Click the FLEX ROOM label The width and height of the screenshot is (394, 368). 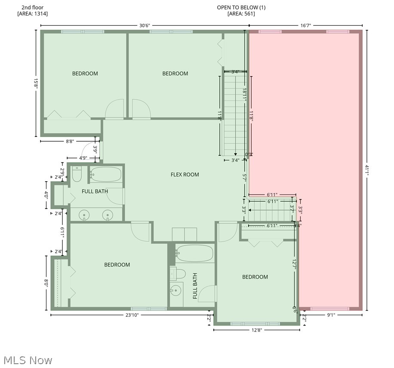click(185, 174)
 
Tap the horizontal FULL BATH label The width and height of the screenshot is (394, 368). click(95, 191)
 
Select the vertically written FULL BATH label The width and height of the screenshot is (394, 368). click(195, 286)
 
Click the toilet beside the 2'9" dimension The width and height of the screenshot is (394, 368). click(77, 175)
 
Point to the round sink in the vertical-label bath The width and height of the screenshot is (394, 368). click(175, 291)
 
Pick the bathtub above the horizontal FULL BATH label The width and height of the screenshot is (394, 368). click(106, 174)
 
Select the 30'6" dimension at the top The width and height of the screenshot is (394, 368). click(145, 25)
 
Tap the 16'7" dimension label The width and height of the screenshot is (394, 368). click(305, 25)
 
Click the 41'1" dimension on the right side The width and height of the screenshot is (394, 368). click(367, 170)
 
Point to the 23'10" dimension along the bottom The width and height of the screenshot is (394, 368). click(132, 315)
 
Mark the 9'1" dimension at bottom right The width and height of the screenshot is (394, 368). click(331, 315)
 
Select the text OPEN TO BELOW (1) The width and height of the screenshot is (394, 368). click(241, 7)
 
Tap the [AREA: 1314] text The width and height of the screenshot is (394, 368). click(32, 14)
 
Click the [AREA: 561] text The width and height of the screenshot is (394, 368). click(241, 14)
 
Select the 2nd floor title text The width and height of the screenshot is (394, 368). click(32, 7)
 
